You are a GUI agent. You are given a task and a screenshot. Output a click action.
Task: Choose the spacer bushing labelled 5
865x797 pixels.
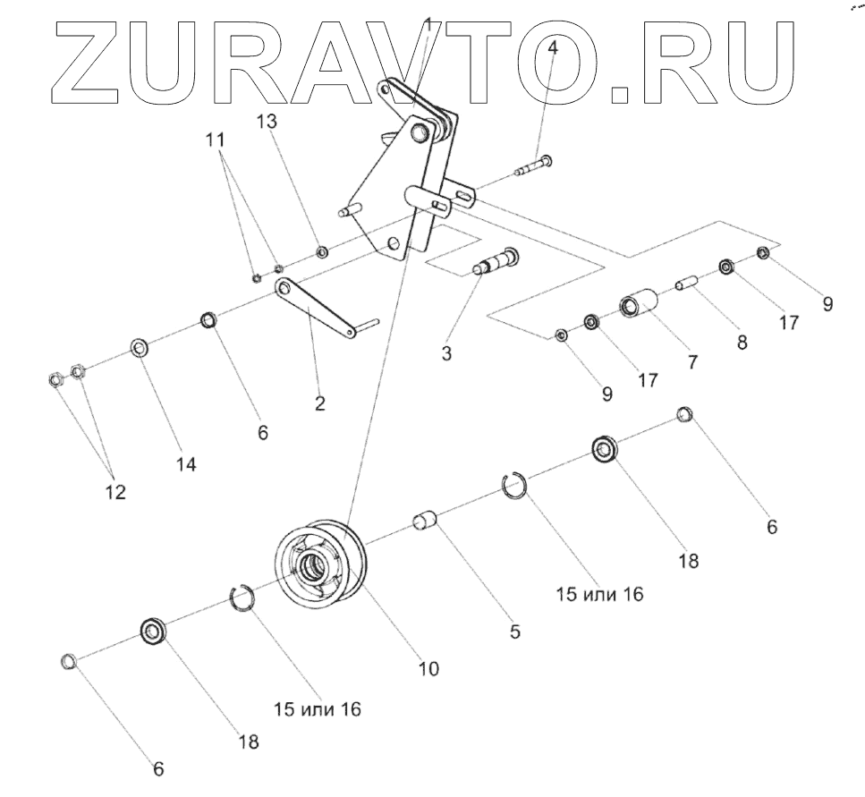pyautogui.click(x=425, y=521)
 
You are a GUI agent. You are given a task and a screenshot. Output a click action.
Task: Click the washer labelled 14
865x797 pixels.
pyautogui.click(x=140, y=347)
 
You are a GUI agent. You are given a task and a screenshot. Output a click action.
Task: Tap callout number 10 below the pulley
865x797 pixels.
pyautogui.click(x=429, y=667)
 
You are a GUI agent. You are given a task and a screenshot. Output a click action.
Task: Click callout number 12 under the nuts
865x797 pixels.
pyautogui.click(x=115, y=492)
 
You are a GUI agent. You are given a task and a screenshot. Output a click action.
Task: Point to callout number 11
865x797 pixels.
pyautogui.click(x=216, y=140)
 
